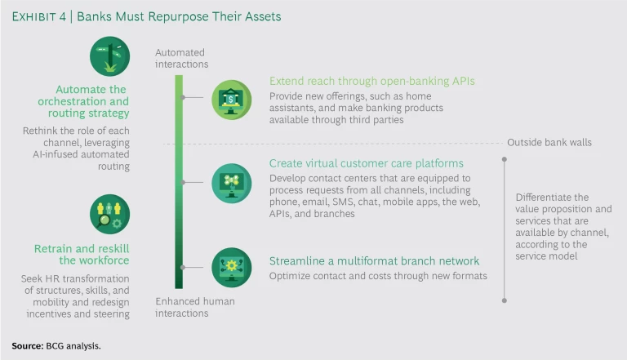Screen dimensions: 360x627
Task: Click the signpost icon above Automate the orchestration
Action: point(109,57)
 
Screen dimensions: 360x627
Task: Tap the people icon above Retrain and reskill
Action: point(109,215)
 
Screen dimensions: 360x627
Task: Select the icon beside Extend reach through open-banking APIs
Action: point(232,100)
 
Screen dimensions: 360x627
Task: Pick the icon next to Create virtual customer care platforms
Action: point(232,182)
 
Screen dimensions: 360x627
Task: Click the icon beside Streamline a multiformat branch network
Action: point(232,267)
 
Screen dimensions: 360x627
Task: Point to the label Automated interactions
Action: point(181,59)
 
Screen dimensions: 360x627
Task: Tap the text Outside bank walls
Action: point(549,142)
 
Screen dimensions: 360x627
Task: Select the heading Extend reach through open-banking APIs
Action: point(372,81)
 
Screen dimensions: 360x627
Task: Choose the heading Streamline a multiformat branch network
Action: point(374,261)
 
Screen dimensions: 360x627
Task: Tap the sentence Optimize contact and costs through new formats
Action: point(378,276)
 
